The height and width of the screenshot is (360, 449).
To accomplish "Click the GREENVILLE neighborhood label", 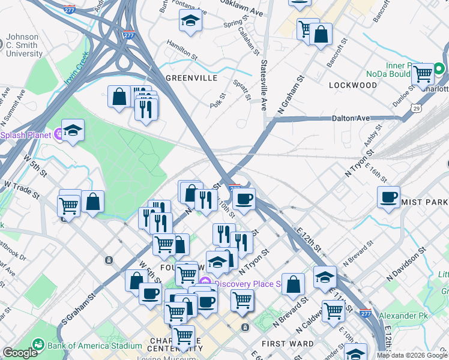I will (191, 78).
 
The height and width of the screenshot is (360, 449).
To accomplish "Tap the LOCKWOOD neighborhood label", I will (352, 85).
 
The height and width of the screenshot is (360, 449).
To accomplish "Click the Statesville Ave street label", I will (263, 84).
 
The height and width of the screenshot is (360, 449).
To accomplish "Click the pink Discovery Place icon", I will (205, 283).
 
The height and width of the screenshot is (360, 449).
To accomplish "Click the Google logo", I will (20, 353).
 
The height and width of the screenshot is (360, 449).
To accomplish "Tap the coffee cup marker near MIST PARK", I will (388, 196).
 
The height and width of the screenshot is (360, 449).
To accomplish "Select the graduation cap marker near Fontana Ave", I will (190, 21).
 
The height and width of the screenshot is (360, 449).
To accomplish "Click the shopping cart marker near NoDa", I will (423, 74).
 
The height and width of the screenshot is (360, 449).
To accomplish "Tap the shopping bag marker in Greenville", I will (119, 96).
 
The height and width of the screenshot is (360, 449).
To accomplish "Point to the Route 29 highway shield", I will (415, 108).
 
